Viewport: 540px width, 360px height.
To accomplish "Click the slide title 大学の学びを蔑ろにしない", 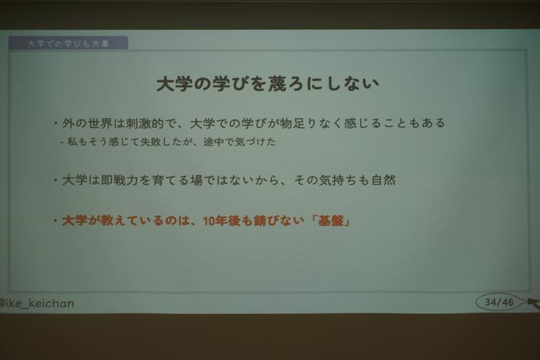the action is tap(267, 84).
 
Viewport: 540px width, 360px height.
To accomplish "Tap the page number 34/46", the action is tap(499, 302).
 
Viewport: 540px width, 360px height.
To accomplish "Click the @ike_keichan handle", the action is tap(36, 303).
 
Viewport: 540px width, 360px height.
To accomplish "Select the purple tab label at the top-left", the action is tap(68, 43).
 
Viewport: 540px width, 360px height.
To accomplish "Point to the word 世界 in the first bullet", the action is tap(100, 123).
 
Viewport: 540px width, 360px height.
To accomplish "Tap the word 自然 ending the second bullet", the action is tap(383, 180).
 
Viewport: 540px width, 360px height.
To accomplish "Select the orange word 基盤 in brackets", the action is tap(331, 220).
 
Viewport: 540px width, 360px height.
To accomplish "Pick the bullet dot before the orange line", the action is tap(55, 220).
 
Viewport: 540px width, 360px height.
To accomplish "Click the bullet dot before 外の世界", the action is tap(55, 123).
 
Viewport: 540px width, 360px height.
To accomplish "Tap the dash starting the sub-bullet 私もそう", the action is tap(62, 142).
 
